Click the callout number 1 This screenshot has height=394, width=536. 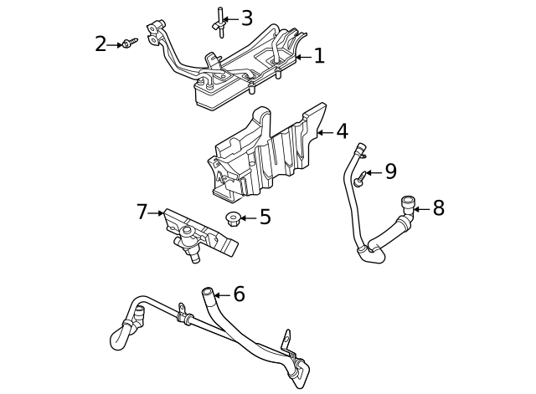click(319, 56)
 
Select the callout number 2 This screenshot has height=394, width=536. click(100, 43)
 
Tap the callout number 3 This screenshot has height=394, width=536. click(246, 18)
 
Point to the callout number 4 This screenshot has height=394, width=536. click(342, 131)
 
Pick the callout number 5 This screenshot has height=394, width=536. click(265, 217)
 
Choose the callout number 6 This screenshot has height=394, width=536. click(239, 294)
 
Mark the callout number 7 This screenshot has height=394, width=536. click(142, 212)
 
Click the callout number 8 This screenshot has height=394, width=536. click(438, 208)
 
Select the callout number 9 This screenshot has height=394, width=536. click(390, 172)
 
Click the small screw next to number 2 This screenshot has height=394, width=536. click(127, 43)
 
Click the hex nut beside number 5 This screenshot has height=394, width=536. click(233, 219)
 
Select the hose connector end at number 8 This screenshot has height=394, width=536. click(408, 205)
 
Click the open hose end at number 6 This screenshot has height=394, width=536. click(208, 293)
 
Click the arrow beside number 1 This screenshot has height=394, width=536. click(302, 57)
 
